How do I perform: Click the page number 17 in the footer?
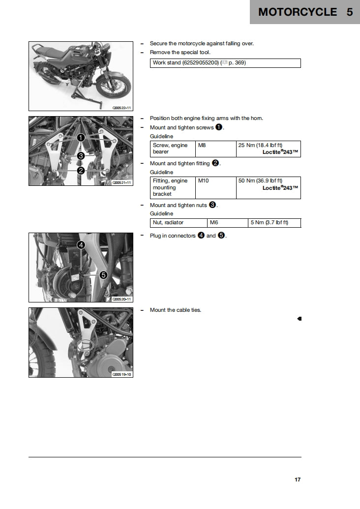tap(298, 479)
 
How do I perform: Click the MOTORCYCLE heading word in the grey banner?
tap(298, 12)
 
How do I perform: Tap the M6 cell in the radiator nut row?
tap(214, 223)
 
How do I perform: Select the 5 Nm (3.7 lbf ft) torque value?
tap(269, 223)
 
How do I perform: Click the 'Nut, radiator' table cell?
tap(168, 223)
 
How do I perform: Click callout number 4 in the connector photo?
tap(81, 244)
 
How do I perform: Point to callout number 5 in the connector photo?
tap(104, 275)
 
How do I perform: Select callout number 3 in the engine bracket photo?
tap(81, 156)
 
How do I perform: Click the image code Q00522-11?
tap(121, 107)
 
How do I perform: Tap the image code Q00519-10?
tap(121, 374)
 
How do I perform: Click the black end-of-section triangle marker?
tap(299, 319)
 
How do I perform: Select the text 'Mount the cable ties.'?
tap(175, 310)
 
